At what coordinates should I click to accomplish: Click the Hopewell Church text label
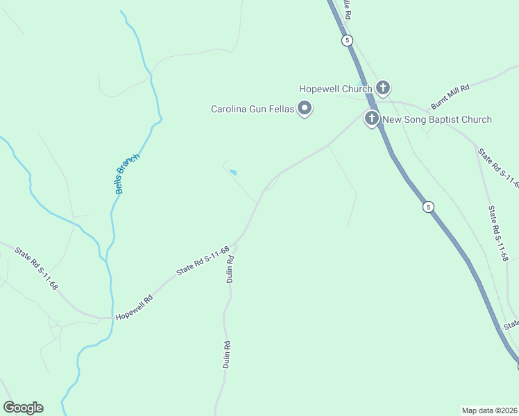tap(336, 89)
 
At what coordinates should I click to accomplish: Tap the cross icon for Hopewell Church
tap(382, 88)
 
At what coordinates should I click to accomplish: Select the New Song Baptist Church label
tap(437, 119)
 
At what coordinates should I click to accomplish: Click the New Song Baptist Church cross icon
tap(372, 119)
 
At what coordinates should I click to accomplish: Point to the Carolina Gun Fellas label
tap(253, 109)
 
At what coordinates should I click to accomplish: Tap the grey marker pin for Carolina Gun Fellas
tap(304, 108)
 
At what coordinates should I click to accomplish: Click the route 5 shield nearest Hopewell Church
tap(347, 40)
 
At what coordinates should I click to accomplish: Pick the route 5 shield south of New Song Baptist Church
tap(429, 207)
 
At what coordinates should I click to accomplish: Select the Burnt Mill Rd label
tap(450, 96)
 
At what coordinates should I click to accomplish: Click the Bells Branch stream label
tap(128, 173)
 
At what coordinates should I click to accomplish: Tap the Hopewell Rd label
tap(134, 306)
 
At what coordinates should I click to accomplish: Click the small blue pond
tap(232, 172)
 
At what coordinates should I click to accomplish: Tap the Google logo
tap(23, 408)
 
